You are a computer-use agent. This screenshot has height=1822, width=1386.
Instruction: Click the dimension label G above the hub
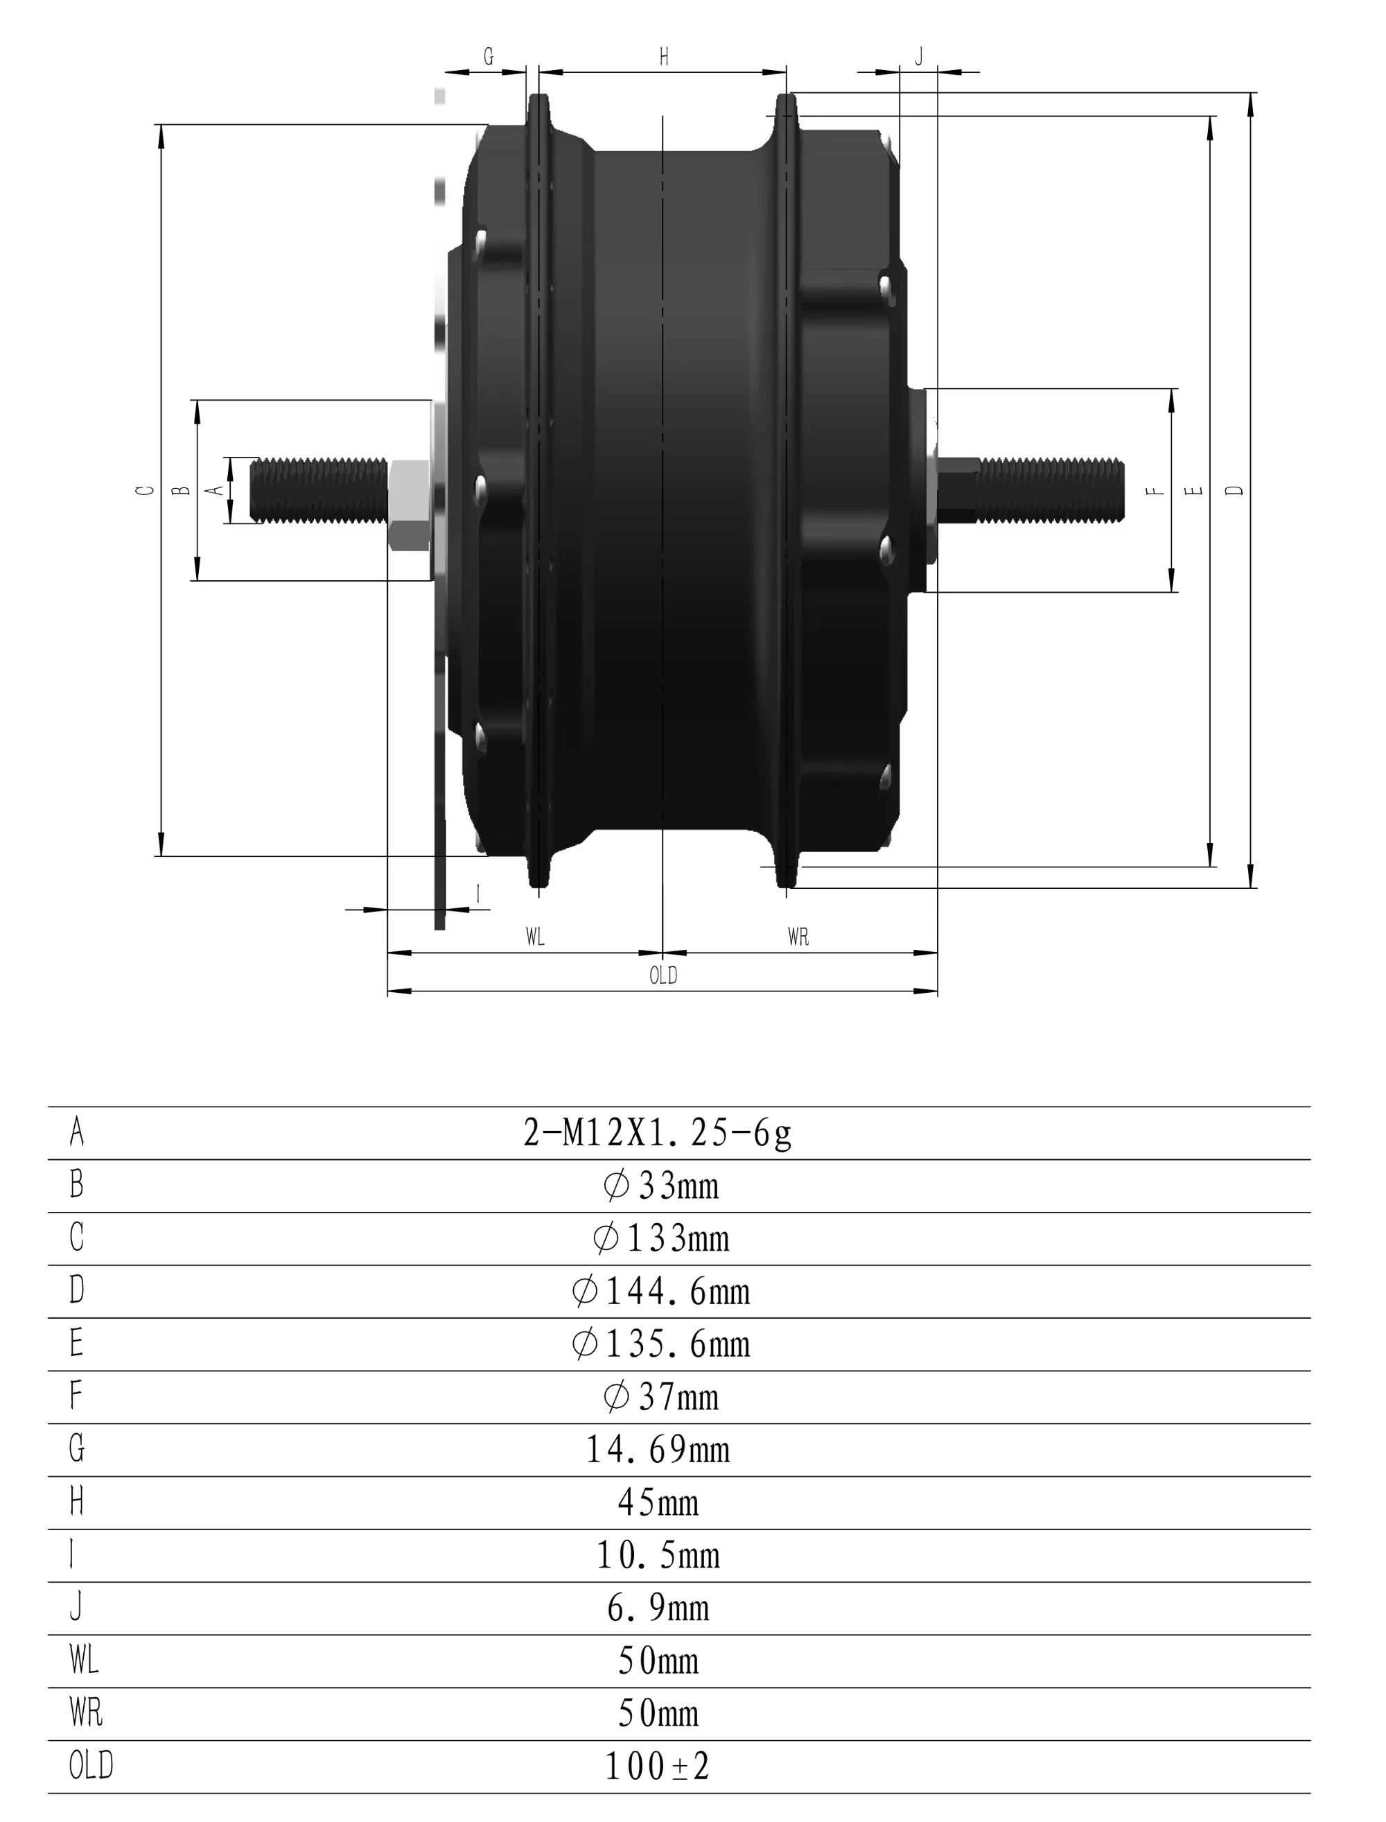489,57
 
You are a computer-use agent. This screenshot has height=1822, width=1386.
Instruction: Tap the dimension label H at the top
664,57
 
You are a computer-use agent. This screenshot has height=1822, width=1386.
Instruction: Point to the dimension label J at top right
919,57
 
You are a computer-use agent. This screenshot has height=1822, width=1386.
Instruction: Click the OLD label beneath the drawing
663,975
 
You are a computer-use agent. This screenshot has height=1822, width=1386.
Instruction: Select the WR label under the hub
798,937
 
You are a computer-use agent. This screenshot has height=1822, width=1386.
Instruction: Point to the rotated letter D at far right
1234,490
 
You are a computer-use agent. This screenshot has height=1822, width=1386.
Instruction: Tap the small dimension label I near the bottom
478,894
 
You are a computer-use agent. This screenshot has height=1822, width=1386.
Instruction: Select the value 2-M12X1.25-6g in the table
658,1134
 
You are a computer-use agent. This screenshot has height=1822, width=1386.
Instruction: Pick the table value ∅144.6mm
661,1292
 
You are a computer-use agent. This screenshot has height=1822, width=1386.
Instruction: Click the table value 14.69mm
658,1450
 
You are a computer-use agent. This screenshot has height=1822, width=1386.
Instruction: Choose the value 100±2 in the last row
658,1767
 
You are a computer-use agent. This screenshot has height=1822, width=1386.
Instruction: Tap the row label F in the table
76,1396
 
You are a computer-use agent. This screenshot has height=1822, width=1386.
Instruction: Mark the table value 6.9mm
658,1608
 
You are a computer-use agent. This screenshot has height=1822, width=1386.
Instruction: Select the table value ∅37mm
661,1397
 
